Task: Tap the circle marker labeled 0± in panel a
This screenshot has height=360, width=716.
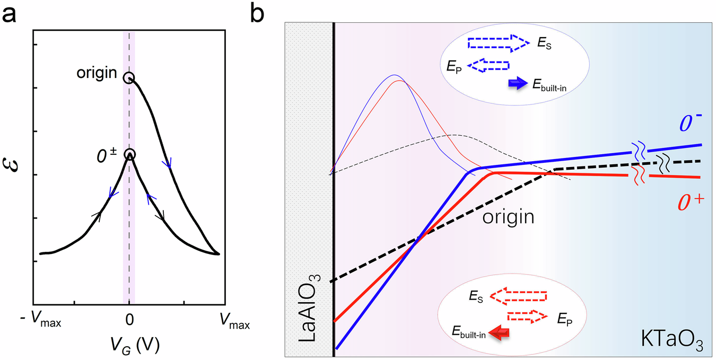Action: [x=130, y=154]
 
